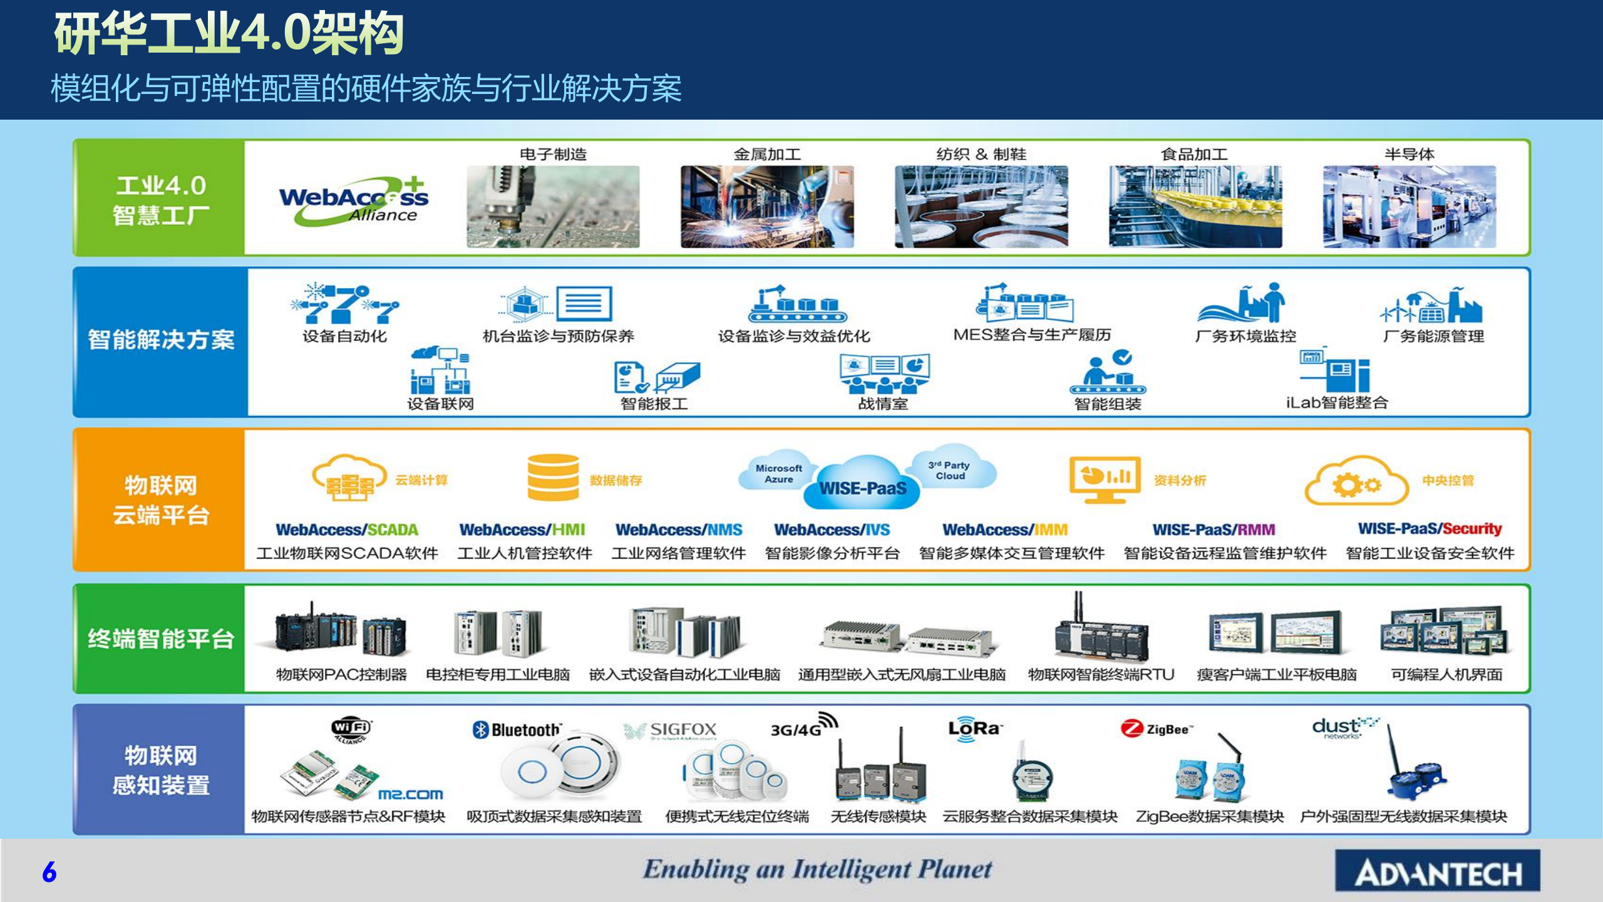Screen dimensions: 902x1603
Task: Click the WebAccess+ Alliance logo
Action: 354,201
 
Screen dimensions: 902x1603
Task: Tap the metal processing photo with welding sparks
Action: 767,207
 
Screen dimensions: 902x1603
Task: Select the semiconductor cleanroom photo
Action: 1409,207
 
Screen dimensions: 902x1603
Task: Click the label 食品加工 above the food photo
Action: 1194,154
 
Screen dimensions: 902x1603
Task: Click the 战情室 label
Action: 883,404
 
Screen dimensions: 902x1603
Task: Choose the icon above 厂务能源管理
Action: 1431,305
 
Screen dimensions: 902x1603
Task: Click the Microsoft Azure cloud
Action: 778,473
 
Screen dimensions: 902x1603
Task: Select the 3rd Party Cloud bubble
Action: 950,470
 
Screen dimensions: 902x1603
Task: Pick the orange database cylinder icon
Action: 553,478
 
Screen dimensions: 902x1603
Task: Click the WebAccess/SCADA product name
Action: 347,530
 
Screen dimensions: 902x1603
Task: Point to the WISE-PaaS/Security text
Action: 1430,529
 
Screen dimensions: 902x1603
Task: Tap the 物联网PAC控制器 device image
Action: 340,633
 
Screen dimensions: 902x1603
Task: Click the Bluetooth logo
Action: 517,730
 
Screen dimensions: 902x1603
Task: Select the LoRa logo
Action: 974,729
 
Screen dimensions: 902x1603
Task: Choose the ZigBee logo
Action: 1157,729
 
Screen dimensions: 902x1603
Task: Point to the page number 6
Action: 49,872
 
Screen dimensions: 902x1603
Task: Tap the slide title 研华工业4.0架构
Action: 229,34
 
